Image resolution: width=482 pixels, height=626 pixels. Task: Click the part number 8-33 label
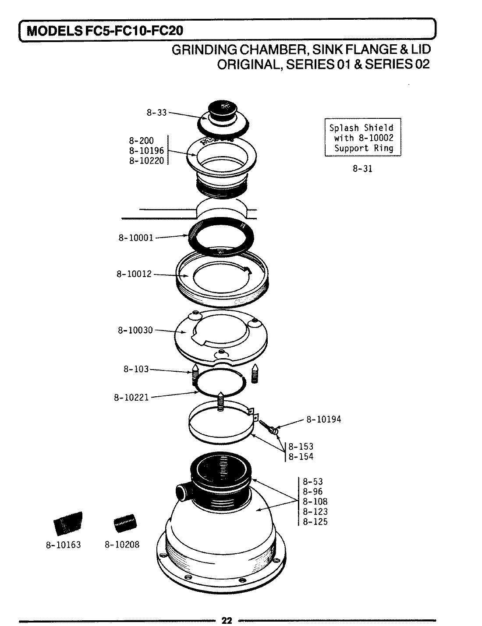pyautogui.click(x=156, y=113)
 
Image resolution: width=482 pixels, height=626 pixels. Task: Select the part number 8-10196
pyautogui.click(x=146, y=151)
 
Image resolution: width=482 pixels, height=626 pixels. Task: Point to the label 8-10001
pyautogui.click(x=136, y=238)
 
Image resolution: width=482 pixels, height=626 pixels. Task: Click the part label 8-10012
pyautogui.click(x=134, y=274)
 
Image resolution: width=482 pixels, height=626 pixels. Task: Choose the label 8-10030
pyautogui.click(x=135, y=330)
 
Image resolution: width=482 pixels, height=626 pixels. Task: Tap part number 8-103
pyautogui.click(x=136, y=369)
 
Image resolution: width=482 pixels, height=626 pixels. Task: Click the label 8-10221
pyautogui.click(x=131, y=398)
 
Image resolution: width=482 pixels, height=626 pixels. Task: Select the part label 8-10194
pyautogui.click(x=323, y=420)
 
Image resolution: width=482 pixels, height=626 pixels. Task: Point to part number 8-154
pyautogui.click(x=301, y=457)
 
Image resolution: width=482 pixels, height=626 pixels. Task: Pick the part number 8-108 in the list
pyautogui.click(x=315, y=502)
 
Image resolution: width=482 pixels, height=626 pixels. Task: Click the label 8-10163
pyautogui.click(x=63, y=545)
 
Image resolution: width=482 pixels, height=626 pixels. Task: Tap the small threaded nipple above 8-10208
pyautogui.click(x=125, y=523)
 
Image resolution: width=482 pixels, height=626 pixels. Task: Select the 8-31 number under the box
pyautogui.click(x=362, y=169)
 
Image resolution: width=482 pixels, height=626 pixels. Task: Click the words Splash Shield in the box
pyautogui.click(x=361, y=128)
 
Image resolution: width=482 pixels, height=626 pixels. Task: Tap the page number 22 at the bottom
pyautogui.click(x=227, y=620)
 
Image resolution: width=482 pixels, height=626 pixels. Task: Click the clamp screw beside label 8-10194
pyautogui.click(x=269, y=427)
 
